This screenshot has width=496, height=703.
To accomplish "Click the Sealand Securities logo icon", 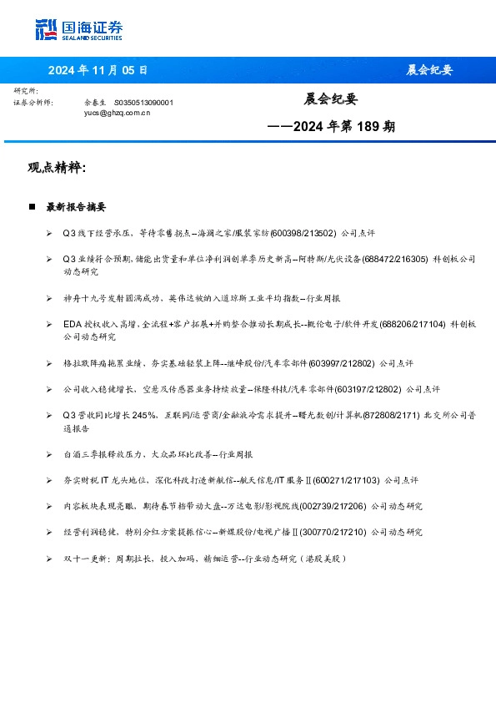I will click(x=47, y=30).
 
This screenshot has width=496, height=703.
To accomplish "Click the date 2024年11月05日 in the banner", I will click(x=98, y=70).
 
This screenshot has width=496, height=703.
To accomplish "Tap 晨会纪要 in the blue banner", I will click(x=429, y=70).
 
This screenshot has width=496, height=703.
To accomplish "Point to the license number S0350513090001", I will click(x=143, y=102).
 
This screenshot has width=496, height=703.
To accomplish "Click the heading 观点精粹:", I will click(x=58, y=168).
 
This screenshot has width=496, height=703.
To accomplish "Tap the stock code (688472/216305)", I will click(x=395, y=260).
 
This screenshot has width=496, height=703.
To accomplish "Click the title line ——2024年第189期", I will click(x=330, y=128).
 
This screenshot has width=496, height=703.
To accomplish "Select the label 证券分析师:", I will click(x=33, y=102).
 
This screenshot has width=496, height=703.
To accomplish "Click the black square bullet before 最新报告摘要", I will click(x=32, y=206).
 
